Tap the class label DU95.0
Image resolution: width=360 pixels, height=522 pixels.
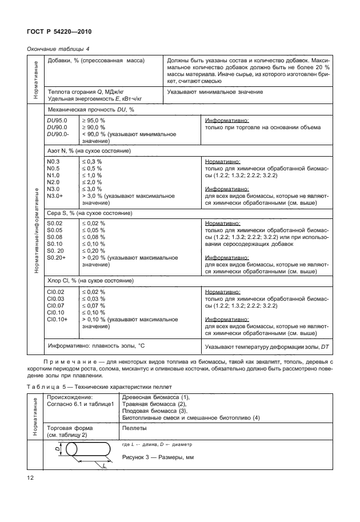tap(57, 121)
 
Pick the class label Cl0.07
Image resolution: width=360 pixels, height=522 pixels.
tap(56, 305)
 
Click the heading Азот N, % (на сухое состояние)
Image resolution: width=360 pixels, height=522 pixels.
tap(89, 150)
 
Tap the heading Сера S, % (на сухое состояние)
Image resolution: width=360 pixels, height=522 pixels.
tap(89, 213)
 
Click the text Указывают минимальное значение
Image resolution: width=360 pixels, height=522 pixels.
tap(215, 91)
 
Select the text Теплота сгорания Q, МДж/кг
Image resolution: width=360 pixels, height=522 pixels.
tap(86, 91)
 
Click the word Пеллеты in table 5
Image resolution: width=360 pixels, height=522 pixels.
tap(135, 427)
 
